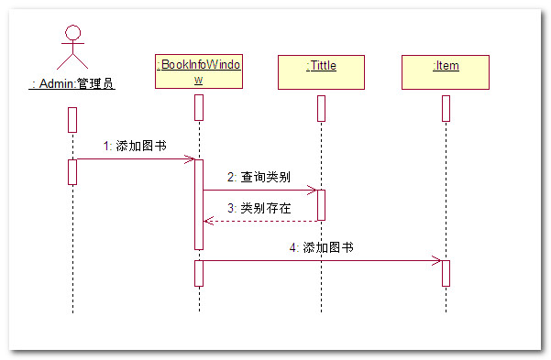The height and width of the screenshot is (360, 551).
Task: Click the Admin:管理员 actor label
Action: click(x=72, y=84)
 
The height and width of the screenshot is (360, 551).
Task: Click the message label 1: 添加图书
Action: click(x=135, y=146)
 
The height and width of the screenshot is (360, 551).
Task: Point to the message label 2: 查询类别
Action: click(x=259, y=177)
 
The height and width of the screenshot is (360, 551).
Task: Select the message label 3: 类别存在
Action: click(x=259, y=208)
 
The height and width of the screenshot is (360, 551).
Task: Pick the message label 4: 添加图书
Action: click(x=321, y=247)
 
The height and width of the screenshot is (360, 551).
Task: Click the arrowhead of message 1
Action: click(x=191, y=159)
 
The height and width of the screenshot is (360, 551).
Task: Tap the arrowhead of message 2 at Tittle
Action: click(x=313, y=190)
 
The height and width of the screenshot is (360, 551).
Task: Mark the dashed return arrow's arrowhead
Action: click(x=208, y=221)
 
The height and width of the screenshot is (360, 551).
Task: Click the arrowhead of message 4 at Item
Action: click(x=436, y=260)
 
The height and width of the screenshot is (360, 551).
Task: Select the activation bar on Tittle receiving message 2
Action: click(x=321, y=205)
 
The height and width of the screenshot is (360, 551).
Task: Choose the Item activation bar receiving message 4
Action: click(x=446, y=273)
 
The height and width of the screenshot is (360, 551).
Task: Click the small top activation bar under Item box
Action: click(x=446, y=108)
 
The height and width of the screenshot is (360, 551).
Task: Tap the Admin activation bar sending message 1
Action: click(x=72, y=172)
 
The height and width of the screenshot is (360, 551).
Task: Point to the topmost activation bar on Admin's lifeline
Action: click(x=72, y=120)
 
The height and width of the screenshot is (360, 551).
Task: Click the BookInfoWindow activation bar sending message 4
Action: click(x=199, y=273)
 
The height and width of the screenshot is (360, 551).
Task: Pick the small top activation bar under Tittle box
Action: click(x=321, y=108)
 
